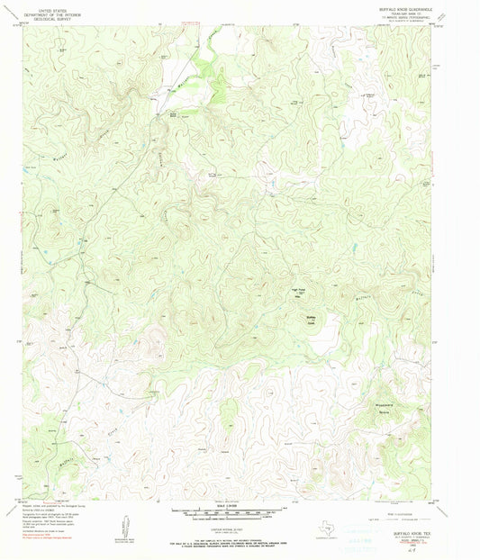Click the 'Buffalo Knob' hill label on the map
(x=287, y=317)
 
